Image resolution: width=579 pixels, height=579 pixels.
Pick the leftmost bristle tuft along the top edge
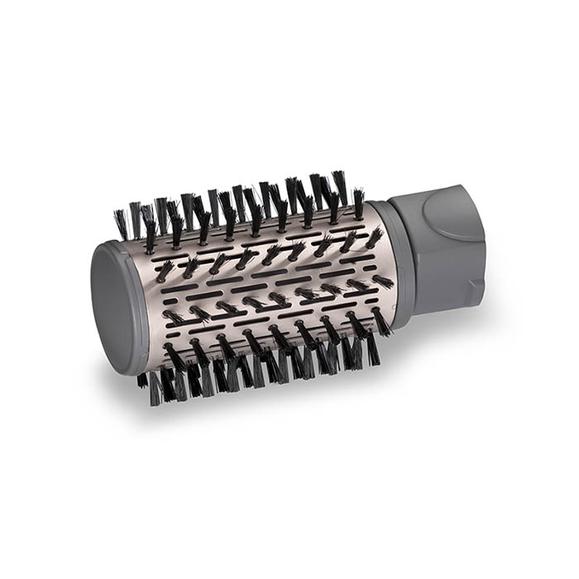[x=122, y=222]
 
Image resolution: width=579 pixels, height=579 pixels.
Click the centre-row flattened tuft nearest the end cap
[x=174, y=317]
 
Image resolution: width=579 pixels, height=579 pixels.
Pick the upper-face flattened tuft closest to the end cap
[x=165, y=270]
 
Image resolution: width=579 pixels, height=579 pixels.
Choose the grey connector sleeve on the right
[x=438, y=248]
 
